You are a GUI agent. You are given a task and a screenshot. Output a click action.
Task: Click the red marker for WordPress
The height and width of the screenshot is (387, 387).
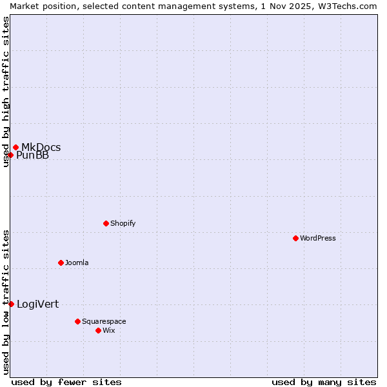point(295,238)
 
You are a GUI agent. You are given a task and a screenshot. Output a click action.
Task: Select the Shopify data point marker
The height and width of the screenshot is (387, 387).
point(106,223)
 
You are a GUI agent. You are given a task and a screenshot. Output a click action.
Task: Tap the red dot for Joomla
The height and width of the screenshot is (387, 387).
point(61,263)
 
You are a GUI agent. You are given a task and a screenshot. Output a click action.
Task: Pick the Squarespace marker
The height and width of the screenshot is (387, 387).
point(77,321)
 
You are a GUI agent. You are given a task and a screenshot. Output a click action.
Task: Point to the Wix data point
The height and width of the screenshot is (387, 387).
point(98,330)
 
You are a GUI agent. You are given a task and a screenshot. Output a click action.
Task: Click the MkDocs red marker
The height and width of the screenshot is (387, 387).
point(15,147)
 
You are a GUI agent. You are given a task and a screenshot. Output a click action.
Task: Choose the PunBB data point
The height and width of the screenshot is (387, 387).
point(10,155)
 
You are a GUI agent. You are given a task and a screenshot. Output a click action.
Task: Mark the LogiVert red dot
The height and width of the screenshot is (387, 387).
point(11,304)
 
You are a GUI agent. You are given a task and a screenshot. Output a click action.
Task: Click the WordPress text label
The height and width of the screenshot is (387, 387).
point(318,238)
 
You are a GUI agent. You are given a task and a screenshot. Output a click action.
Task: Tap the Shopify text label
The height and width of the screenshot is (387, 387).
point(123,223)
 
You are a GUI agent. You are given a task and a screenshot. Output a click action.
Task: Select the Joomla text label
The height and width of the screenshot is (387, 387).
point(77,263)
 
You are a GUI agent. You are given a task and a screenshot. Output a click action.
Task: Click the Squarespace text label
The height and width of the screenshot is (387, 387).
point(104,321)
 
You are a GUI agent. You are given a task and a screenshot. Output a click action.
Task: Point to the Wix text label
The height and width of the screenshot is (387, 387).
point(108,330)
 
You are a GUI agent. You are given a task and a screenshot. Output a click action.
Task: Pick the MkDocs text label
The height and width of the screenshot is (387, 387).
point(41,147)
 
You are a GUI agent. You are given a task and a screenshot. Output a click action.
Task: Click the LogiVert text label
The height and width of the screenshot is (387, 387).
point(37,304)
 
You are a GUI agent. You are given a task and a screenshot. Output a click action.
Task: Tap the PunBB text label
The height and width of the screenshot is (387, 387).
point(32,155)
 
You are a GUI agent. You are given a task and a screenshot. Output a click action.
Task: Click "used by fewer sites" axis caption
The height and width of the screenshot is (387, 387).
point(66,382)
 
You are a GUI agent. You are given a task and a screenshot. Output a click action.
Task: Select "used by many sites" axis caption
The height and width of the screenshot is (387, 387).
point(324,382)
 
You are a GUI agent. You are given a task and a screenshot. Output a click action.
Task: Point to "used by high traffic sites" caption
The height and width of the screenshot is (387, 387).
point(6,92)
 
